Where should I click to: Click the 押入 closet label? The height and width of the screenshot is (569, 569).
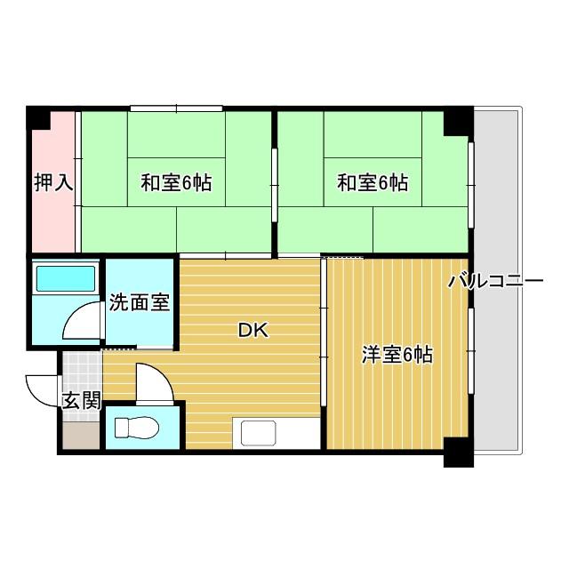53,182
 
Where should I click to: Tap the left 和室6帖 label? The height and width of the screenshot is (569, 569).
176,182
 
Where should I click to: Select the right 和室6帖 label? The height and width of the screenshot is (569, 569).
373,182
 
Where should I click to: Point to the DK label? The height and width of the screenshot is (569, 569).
253,330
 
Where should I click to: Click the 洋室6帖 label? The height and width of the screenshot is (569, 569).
397,355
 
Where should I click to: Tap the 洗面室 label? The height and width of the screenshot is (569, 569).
140,302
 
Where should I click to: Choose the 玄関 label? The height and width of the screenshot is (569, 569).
81,401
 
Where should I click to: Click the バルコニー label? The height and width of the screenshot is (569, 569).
496,281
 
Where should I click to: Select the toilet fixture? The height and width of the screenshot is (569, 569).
136,428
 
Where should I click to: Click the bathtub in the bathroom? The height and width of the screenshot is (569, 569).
66,278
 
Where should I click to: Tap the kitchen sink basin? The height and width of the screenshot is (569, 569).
259,433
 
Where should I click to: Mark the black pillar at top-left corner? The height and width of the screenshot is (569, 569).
37,117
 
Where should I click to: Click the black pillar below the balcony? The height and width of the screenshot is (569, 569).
459,453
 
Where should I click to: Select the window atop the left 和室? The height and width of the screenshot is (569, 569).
176,108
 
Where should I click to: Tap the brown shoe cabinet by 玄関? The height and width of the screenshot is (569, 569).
81,435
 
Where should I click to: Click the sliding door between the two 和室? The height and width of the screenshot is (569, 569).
275,185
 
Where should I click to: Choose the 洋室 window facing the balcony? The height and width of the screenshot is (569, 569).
471,351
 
